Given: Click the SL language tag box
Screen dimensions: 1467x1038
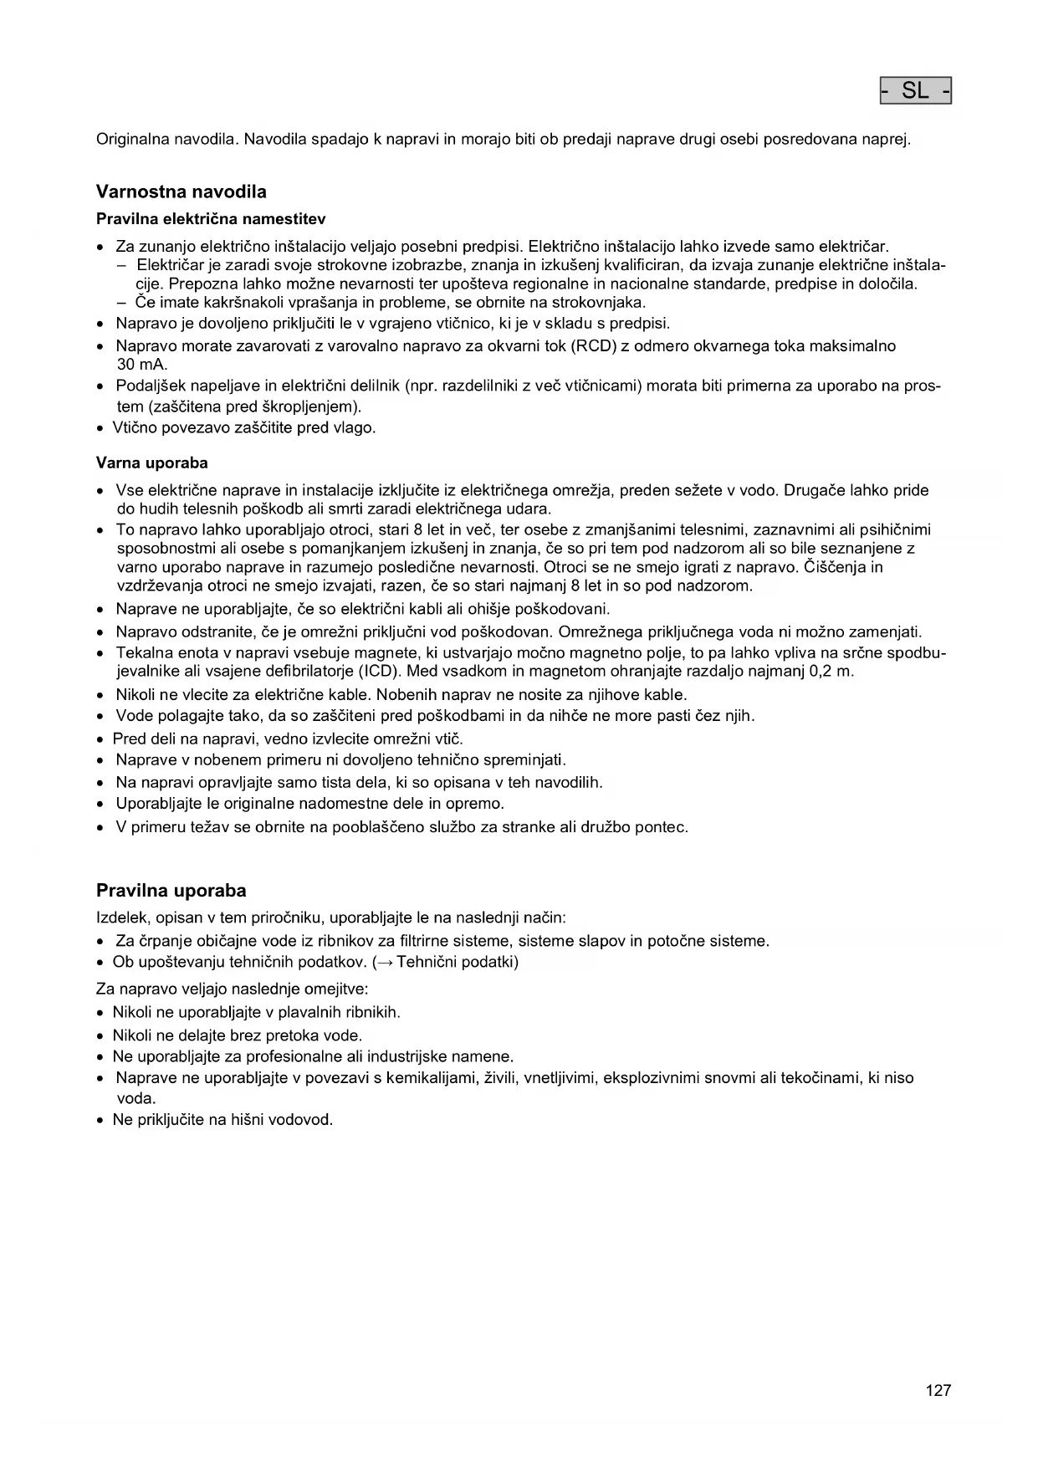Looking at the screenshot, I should [915, 90].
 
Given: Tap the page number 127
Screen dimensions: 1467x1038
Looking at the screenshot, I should [938, 1391].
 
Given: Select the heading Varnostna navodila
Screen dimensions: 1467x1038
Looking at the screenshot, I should [182, 192].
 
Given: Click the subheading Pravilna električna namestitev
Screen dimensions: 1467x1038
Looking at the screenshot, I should [211, 219].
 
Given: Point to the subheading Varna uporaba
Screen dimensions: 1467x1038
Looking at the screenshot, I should [152, 463].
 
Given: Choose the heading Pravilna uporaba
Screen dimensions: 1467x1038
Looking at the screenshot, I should [171, 890].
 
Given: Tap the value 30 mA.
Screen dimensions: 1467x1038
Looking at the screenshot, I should [142, 365].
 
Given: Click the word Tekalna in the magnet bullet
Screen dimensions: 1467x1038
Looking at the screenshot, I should [143, 652].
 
